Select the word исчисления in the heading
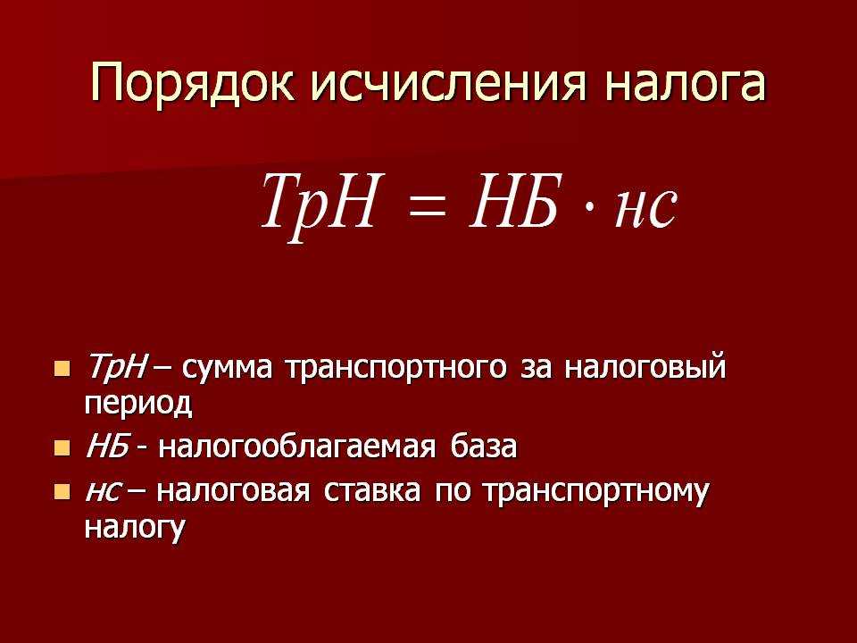click(450, 83)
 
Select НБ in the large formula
click(515, 201)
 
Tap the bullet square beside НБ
click(62, 448)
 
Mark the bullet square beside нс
click(62, 491)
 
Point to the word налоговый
click(645, 367)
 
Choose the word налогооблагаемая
click(298, 447)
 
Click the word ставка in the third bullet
click(372, 490)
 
